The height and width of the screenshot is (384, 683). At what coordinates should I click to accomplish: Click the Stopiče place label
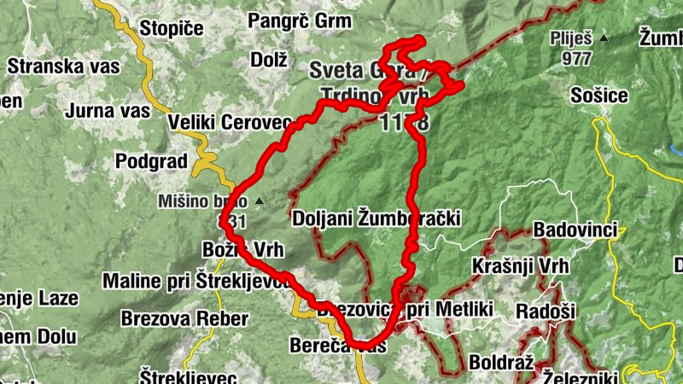click(171, 27)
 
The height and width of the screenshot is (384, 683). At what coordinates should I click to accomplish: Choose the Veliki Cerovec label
click(231, 123)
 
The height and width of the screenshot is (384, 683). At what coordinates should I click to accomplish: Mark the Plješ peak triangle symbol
click(604, 38)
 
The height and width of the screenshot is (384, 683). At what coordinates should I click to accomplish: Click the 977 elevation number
click(578, 59)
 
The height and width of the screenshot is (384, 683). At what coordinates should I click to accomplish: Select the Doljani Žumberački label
click(376, 218)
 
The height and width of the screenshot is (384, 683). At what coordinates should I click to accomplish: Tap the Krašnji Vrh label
click(520, 266)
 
